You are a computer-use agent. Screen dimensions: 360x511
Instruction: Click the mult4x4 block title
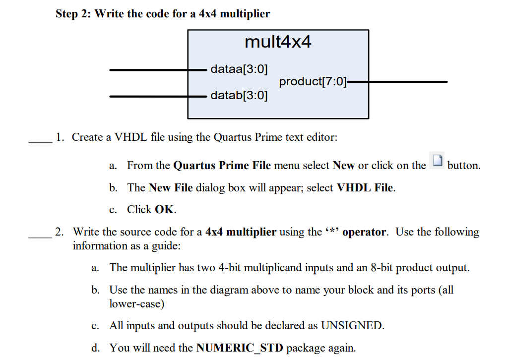[278, 42]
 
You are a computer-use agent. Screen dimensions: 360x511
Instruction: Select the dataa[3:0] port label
[239, 69]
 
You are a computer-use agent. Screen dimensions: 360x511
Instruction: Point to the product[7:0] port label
[313, 81]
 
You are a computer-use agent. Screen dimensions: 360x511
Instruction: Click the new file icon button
[437, 162]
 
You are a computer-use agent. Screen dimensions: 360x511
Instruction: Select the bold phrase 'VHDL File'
[366, 188]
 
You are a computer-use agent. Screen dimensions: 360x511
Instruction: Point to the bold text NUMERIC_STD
[240, 348]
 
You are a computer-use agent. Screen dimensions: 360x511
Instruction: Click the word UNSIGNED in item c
[352, 326]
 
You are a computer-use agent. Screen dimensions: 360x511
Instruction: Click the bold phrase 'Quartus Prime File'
[222, 166]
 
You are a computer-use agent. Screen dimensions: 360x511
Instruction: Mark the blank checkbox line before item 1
[40, 142]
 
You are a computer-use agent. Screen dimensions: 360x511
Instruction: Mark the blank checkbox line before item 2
[40, 238]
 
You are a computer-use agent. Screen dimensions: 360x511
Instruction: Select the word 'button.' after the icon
[464, 166]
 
